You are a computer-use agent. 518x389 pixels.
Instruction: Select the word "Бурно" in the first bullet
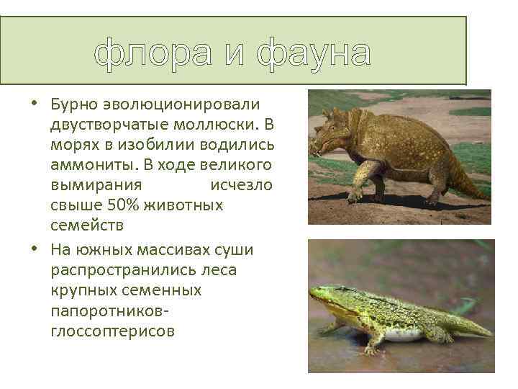[x=76, y=105]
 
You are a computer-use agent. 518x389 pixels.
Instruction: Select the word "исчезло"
[x=241, y=185]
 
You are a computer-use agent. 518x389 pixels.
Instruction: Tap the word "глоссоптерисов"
[x=113, y=331]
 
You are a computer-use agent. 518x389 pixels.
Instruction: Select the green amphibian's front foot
[x=371, y=349]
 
